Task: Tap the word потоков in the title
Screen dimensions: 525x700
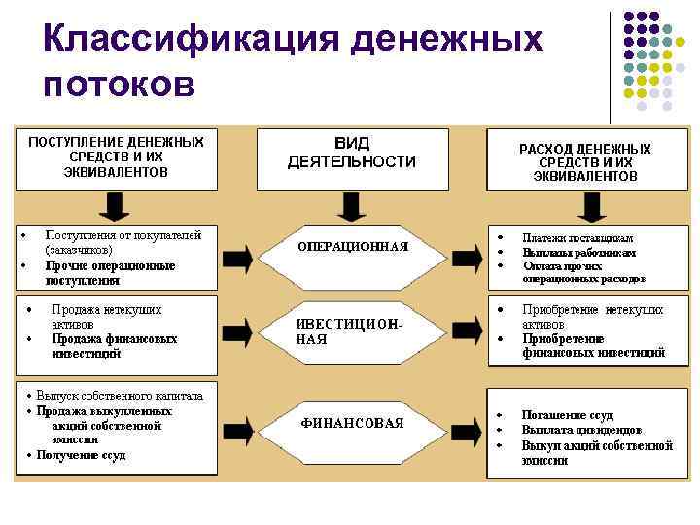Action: tap(120, 86)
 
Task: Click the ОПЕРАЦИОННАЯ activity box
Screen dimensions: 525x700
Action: tap(351, 247)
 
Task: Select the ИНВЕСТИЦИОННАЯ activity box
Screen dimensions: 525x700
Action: tap(351, 332)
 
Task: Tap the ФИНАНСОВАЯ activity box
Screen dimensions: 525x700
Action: tap(351, 423)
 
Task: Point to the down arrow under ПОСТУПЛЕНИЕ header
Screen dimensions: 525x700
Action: tap(115, 206)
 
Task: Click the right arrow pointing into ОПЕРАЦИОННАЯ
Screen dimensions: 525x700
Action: tap(238, 257)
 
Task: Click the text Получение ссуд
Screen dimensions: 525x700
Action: tap(82, 455)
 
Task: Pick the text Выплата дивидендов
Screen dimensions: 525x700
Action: tap(581, 429)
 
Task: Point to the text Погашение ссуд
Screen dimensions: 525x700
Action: tap(568, 414)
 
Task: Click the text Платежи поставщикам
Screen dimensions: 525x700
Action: tap(577, 238)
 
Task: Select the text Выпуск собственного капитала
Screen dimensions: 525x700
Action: tap(120, 396)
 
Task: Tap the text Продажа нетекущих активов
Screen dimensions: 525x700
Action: tap(107, 317)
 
